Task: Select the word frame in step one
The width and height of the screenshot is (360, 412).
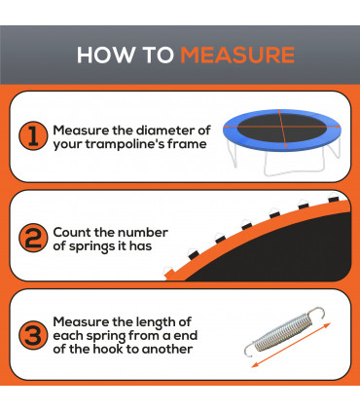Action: (x=186, y=146)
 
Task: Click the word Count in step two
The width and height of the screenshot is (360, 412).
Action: (x=74, y=232)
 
